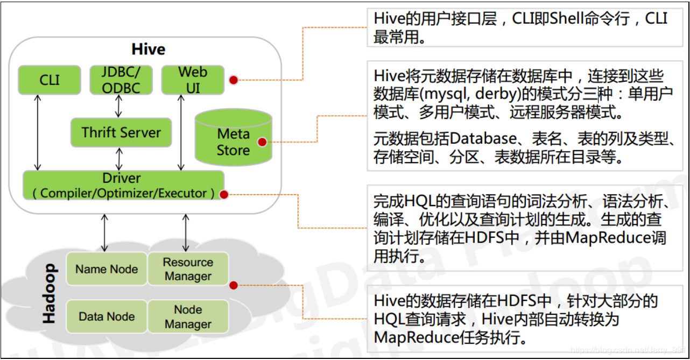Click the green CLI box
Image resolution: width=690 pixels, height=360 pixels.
pos(50,80)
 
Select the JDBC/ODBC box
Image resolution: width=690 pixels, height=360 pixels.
pos(121,80)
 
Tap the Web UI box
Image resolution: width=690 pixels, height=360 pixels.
pos(193,79)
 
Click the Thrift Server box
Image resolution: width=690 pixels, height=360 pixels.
pos(121,132)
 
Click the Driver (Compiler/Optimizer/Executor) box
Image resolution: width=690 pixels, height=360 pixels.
pos(123,185)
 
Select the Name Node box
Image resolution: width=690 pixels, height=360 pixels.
pos(107,269)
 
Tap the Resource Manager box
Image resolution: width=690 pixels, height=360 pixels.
pos(188,269)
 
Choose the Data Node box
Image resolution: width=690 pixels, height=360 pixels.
pos(107,316)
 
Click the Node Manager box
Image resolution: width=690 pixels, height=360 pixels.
pos(188,316)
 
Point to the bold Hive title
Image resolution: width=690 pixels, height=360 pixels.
pos(148,50)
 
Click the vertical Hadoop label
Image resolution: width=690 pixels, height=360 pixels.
pos(49,293)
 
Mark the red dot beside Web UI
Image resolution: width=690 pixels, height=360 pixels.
pos(233,80)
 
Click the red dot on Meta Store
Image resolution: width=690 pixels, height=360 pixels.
pos(262,142)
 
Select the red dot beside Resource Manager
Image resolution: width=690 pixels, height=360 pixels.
pos(233,285)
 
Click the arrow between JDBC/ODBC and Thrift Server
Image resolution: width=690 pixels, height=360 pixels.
pos(118,107)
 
